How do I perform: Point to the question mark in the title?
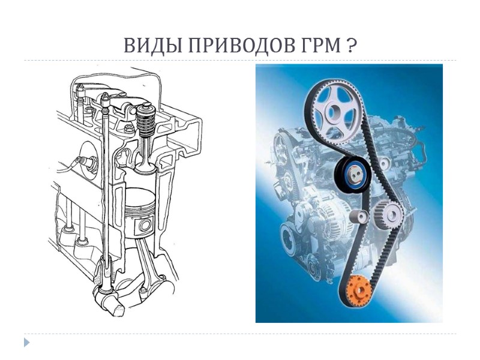pos(352,46)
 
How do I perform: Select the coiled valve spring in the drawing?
pos(145,121)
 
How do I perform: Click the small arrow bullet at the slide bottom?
pos(26,343)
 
